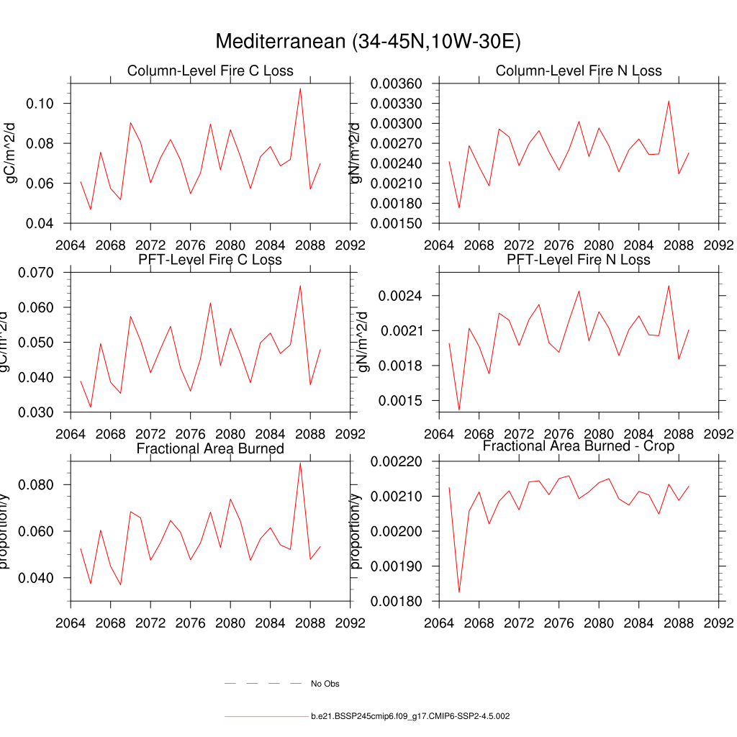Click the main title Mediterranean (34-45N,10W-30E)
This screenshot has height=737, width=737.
tap(368, 42)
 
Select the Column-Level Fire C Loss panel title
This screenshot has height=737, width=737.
tap(210, 71)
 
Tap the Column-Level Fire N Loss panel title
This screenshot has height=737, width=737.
tap(579, 71)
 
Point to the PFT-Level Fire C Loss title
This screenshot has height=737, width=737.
tap(210, 259)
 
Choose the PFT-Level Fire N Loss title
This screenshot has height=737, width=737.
tap(579, 259)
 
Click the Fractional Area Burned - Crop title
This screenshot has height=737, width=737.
tap(579, 447)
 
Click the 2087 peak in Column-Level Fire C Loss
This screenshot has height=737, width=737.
tap(300, 88)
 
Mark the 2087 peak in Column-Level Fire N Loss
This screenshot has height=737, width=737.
tap(669, 101)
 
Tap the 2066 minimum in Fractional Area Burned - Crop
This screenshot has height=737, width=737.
tap(459, 592)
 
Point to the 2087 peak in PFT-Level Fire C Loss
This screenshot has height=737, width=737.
tap(300, 286)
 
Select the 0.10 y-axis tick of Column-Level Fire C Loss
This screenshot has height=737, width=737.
tap(40, 104)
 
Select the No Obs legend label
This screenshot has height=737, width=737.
tap(325, 684)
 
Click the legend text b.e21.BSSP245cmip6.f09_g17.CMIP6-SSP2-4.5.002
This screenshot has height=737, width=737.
tap(410, 717)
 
